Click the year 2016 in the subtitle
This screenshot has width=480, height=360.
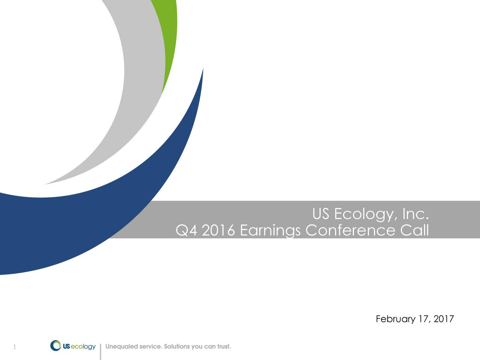(218, 230)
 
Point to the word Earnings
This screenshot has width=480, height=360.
(270, 231)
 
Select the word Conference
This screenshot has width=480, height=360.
(350, 230)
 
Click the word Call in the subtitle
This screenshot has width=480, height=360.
(414, 230)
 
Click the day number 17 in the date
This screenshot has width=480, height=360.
(424, 319)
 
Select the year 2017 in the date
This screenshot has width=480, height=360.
(444, 319)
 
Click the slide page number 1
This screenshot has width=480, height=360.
(14, 348)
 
